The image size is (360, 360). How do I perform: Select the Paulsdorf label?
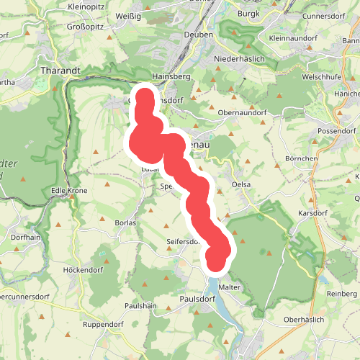pyautogui.click(x=197, y=298)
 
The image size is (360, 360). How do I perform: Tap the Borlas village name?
pyautogui.click(x=125, y=223)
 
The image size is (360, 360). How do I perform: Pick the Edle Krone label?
pyautogui.click(x=69, y=191)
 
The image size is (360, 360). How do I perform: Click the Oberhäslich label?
pyautogui.click(x=305, y=319)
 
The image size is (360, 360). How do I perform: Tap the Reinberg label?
pyautogui.click(x=342, y=294)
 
